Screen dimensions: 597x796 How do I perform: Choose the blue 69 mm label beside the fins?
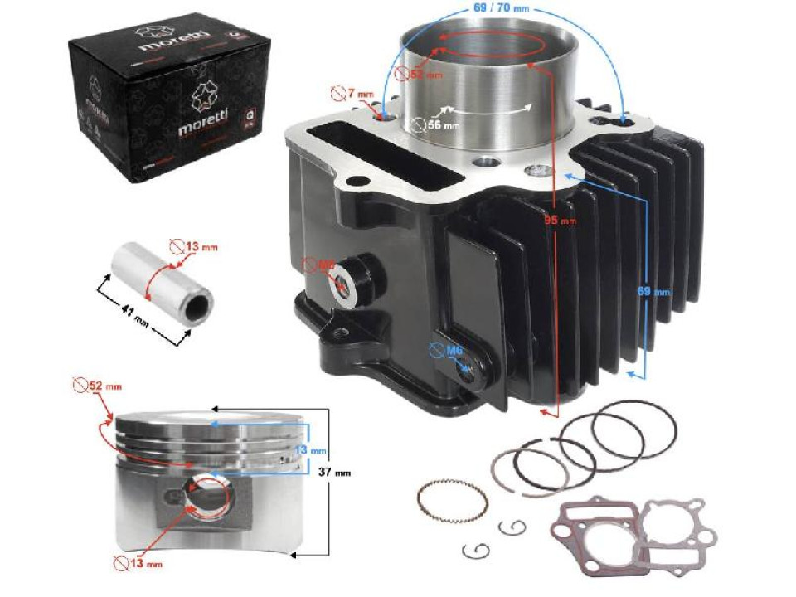658,292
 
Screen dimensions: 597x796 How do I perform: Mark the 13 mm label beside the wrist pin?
197,246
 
